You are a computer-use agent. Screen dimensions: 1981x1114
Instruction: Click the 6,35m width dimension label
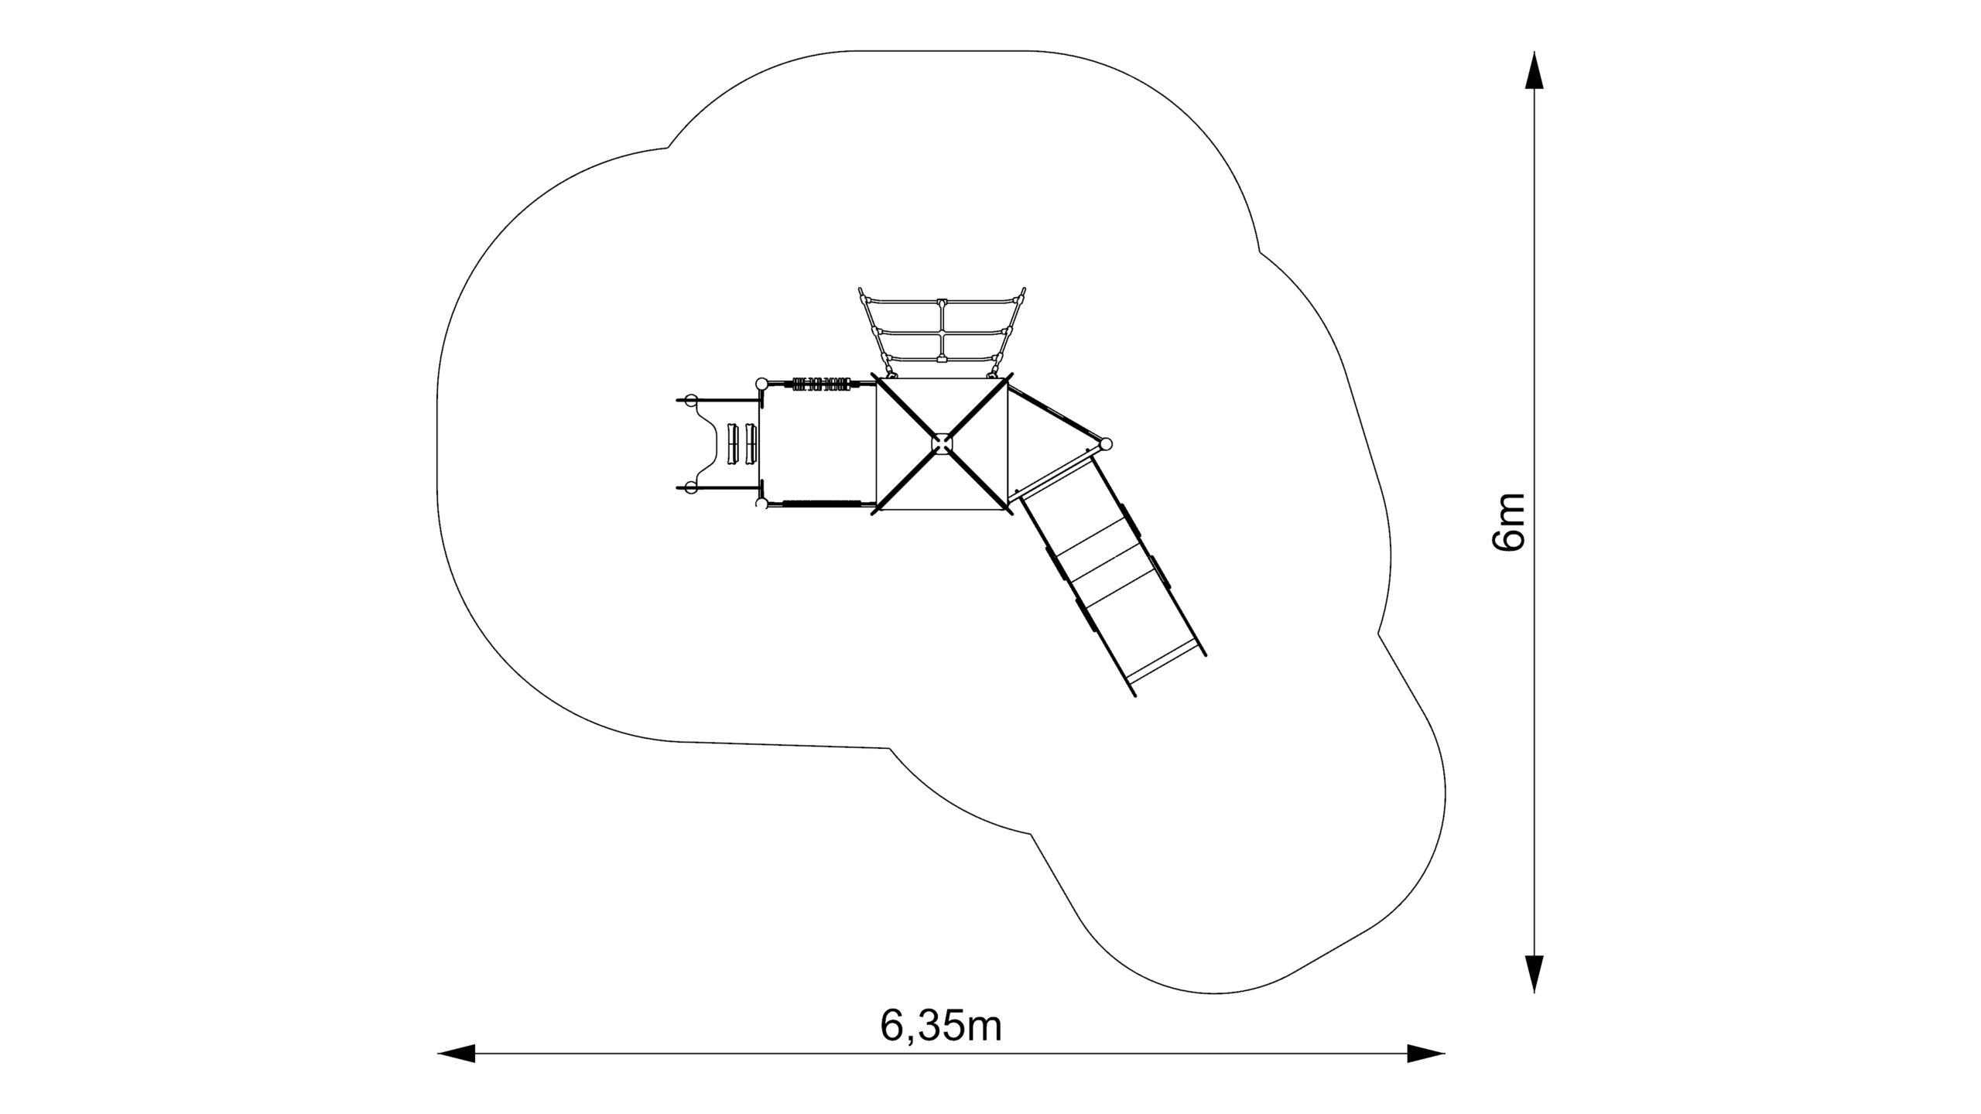click(940, 1027)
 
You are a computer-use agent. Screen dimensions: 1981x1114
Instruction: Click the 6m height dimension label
click(1507, 521)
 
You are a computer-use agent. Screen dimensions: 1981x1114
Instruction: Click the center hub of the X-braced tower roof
click(942, 443)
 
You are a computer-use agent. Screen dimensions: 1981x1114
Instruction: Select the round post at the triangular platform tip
click(1106, 444)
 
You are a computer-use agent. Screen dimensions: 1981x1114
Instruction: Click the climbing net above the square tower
click(941, 333)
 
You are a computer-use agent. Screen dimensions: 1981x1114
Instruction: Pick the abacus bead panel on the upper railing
click(821, 383)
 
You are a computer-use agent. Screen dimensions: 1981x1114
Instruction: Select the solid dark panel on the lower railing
click(822, 504)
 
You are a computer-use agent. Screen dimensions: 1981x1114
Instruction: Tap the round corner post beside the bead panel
click(761, 383)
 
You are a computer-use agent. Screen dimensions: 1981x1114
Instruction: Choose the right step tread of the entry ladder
click(207, 444)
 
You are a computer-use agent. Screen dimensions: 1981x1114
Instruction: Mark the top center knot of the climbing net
click(941, 301)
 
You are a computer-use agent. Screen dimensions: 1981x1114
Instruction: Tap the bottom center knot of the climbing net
click(941, 359)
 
